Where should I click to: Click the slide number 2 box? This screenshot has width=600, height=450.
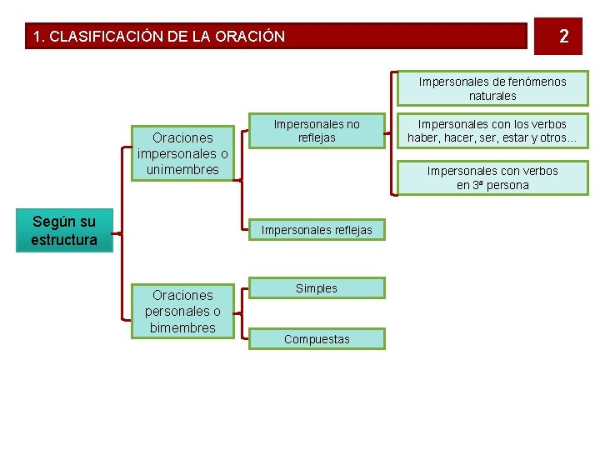tap(564, 36)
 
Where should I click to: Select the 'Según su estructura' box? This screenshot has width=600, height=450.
tap(64, 231)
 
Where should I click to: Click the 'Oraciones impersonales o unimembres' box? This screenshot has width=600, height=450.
tap(182, 153)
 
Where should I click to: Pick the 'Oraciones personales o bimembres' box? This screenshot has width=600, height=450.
tap(182, 311)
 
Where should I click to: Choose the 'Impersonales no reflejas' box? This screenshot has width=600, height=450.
tap(317, 130)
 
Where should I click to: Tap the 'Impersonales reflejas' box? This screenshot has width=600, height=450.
tap(317, 229)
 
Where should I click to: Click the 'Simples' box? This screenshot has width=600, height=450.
tap(317, 288)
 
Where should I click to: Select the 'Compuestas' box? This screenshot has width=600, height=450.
tap(317, 338)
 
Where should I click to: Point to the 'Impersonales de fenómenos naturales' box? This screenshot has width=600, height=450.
tap(492, 88)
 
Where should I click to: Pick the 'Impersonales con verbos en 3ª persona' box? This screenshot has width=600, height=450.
tap(492, 177)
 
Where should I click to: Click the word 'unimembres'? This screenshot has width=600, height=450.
tap(182, 169)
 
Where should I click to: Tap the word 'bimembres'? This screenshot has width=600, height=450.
tap(182, 327)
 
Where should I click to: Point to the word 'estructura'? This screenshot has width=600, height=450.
tap(64, 240)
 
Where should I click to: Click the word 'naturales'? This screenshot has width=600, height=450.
tap(492, 96)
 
